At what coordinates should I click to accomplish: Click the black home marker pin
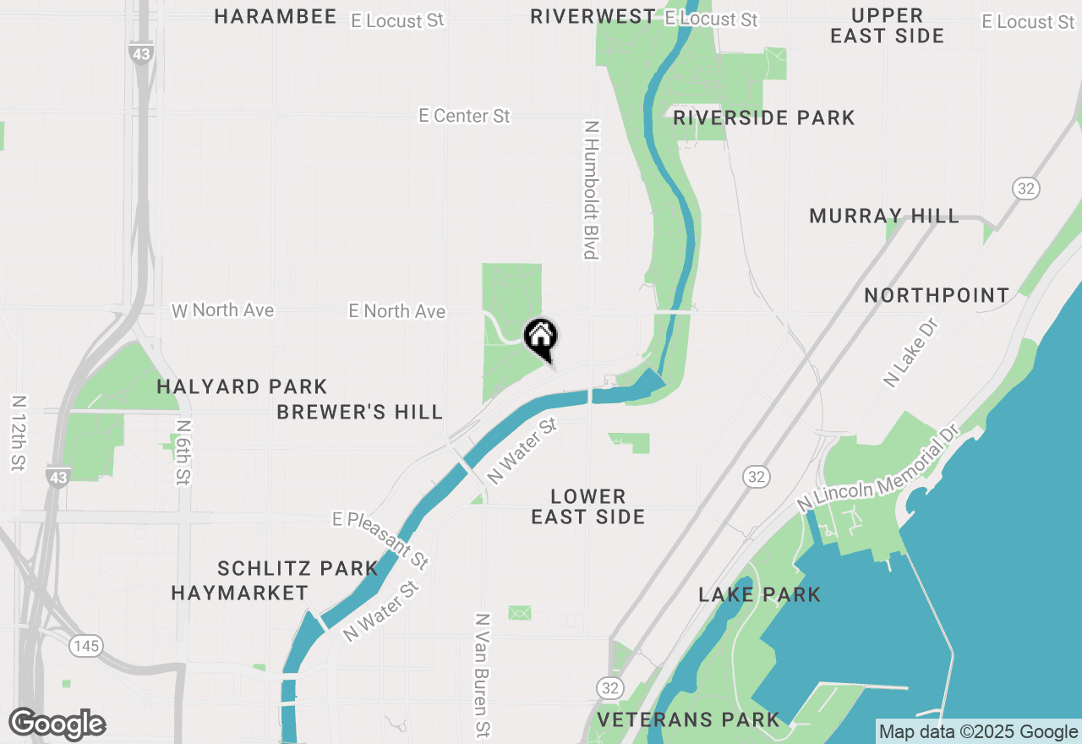541,337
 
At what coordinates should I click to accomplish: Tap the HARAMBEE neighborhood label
275,17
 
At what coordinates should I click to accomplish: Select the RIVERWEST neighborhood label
593,17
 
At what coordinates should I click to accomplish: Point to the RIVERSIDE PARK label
764,118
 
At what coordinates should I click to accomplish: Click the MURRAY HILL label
884,216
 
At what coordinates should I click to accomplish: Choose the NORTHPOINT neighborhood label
937,295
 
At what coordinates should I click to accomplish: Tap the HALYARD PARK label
242,387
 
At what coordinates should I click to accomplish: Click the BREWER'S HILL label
360,413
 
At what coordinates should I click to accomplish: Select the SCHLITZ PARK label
298,568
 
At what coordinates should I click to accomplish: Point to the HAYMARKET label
240,594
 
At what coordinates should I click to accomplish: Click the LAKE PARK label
759,595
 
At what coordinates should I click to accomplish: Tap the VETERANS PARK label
688,720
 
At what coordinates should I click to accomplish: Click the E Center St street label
465,116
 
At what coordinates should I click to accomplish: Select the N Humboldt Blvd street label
591,189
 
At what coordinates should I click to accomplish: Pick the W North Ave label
223,311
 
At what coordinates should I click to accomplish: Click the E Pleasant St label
381,540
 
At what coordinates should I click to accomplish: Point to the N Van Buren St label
483,674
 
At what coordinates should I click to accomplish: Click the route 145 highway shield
86,647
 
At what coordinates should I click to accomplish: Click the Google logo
57,725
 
